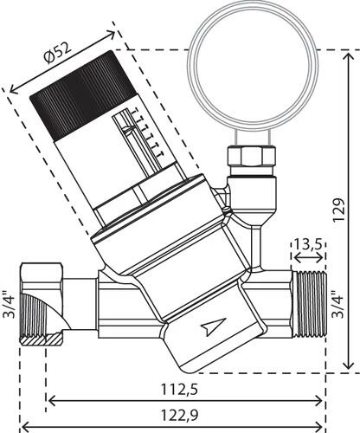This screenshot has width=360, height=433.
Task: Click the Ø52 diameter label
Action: [57, 53]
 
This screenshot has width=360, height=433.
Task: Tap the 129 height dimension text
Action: [338, 210]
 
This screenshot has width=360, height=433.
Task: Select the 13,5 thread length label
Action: [308, 245]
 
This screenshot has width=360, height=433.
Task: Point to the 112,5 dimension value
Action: [179, 390]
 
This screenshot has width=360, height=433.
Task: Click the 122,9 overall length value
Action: [179, 416]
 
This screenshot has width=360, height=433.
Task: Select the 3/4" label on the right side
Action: [338, 306]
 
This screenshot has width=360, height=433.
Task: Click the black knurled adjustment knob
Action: [83, 96]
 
